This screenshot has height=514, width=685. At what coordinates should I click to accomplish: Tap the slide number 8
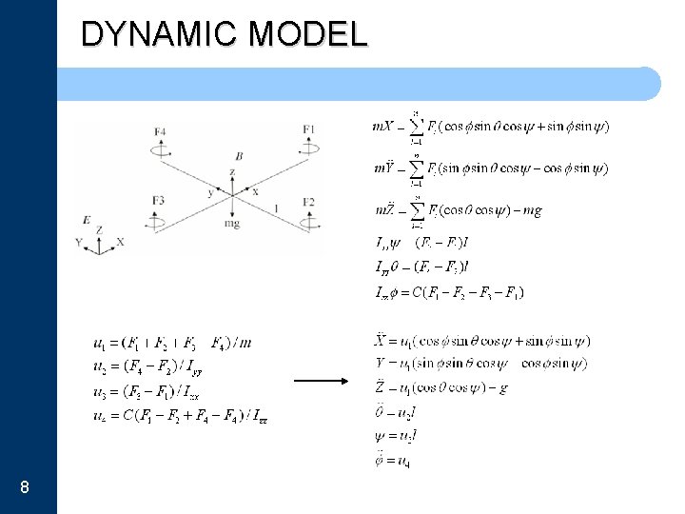[x=24, y=488]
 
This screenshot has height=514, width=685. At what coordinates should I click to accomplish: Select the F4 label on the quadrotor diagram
[x=159, y=130]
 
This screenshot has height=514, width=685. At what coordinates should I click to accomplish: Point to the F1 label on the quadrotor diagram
[x=309, y=128]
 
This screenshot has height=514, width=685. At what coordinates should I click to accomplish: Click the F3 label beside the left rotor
[x=158, y=201]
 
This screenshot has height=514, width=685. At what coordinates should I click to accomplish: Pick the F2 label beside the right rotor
[x=309, y=201]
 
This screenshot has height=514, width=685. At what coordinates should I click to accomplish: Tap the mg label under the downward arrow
[x=232, y=224]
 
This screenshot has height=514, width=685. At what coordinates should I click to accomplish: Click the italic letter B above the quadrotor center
[x=239, y=156]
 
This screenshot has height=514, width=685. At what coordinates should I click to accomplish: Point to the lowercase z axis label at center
[x=231, y=172]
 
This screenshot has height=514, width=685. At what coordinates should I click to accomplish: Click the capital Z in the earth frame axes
[x=99, y=230]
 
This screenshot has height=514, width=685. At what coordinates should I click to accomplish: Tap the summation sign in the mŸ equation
[x=415, y=169]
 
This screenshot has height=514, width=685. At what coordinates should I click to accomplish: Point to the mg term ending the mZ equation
[x=530, y=210]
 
